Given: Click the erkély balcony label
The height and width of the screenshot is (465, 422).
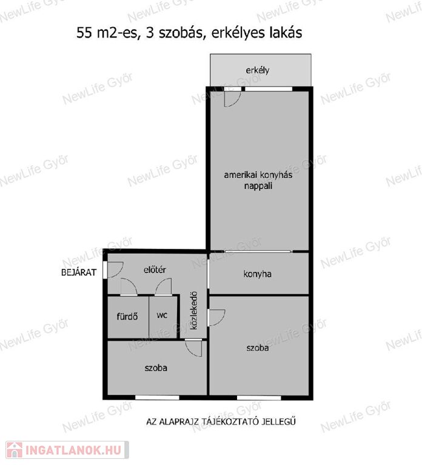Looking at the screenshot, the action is (x=258, y=70).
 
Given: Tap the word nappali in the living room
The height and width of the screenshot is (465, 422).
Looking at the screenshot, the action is (x=258, y=186).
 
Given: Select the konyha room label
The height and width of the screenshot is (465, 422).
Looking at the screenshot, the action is (x=257, y=274).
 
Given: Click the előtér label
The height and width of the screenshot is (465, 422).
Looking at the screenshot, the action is (x=155, y=269).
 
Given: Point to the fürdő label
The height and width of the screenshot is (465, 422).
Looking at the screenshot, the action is (x=127, y=317).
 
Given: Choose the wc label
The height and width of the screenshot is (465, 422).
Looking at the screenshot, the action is (x=162, y=315).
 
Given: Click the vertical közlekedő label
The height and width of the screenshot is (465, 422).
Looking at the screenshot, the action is (x=193, y=311).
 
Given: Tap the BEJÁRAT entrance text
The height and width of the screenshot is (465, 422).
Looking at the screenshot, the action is (x=79, y=272).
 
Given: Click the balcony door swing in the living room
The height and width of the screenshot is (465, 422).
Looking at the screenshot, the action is (x=232, y=99).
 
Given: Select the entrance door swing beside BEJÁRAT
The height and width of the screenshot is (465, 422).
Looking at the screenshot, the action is (x=115, y=269).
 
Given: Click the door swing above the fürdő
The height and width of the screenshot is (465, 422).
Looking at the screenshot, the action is (x=129, y=287).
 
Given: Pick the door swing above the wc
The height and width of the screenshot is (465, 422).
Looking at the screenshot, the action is (x=164, y=287).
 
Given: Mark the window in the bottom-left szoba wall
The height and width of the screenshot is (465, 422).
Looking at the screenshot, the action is (x=158, y=397).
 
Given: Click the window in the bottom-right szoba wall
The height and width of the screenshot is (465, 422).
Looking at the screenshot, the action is (x=259, y=397).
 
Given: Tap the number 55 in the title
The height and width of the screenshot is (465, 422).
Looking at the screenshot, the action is (x=84, y=33).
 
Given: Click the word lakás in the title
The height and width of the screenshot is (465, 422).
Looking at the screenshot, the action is (x=286, y=33).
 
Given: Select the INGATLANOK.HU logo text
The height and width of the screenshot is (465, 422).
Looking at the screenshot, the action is (x=74, y=450).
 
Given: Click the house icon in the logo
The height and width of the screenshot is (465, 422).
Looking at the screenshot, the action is (x=15, y=450).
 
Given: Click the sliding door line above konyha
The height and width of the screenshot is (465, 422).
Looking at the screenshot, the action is (x=258, y=251).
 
